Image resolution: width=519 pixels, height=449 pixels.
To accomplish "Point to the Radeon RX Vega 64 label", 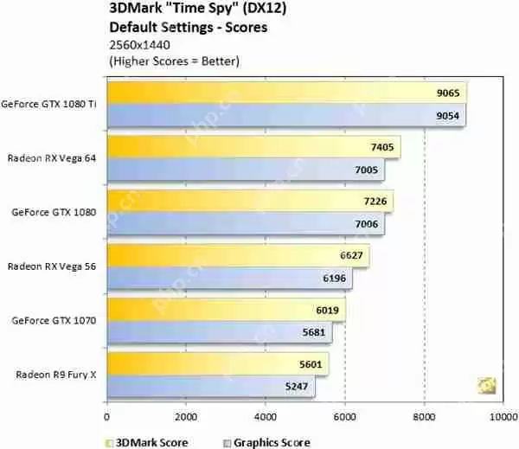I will click(x=54, y=157).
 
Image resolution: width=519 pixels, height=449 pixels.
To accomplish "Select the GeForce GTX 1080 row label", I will click(x=54, y=211).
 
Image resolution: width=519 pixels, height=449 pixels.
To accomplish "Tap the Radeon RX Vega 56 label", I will click(x=54, y=266).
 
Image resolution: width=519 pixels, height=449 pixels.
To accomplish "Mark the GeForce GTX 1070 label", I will click(x=54, y=319).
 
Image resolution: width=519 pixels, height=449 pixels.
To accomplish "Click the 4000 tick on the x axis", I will click(x=266, y=416).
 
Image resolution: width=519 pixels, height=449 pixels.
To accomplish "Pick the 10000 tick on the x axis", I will click(x=503, y=416).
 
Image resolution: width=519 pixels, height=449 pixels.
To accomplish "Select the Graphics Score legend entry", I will click(x=271, y=442).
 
